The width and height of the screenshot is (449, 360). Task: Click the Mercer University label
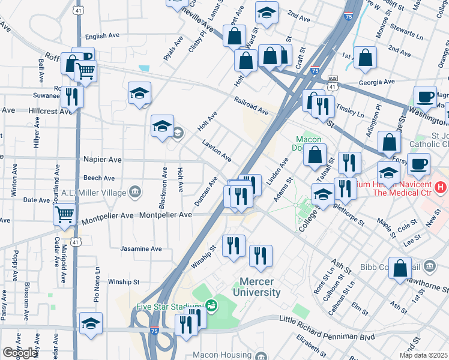point(260,287)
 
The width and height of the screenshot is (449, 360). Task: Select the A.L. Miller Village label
point(94,193)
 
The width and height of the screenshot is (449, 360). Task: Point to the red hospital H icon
point(441,188)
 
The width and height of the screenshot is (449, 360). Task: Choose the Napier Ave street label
point(103,160)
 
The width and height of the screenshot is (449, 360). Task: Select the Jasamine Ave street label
point(141,248)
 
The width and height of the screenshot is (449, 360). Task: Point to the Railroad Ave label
point(252,107)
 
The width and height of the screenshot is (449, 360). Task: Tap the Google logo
point(19,353)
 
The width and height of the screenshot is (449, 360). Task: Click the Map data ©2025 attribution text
point(424,355)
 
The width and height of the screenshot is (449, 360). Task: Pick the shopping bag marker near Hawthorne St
point(400,268)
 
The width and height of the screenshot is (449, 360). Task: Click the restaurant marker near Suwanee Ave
point(72,95)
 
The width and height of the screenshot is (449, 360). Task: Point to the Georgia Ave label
point(377,82)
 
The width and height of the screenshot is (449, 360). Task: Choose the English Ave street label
point(103,37)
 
